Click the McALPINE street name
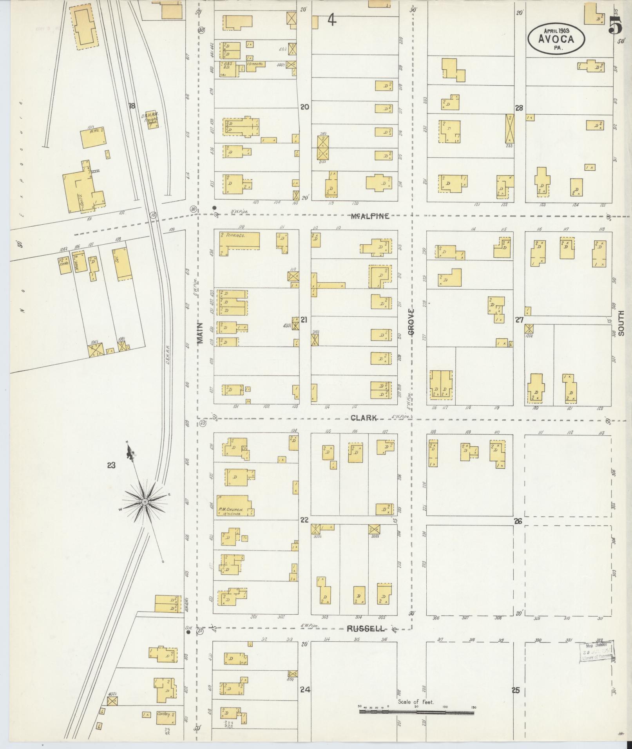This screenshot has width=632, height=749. (x=370, y=216)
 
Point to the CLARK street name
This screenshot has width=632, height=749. (x=364, y=418)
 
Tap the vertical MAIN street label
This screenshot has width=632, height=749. (x=200, y=333)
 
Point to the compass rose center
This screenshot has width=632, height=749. (x=145, y=502)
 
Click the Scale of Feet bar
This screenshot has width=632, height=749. (x=417, y=712)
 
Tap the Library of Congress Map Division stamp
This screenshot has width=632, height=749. (x=596, y=652)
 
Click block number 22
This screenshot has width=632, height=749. (x=304, y=520)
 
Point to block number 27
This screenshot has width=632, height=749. (x=519, y=320)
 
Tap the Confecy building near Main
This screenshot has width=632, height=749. (x=165, y=715)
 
